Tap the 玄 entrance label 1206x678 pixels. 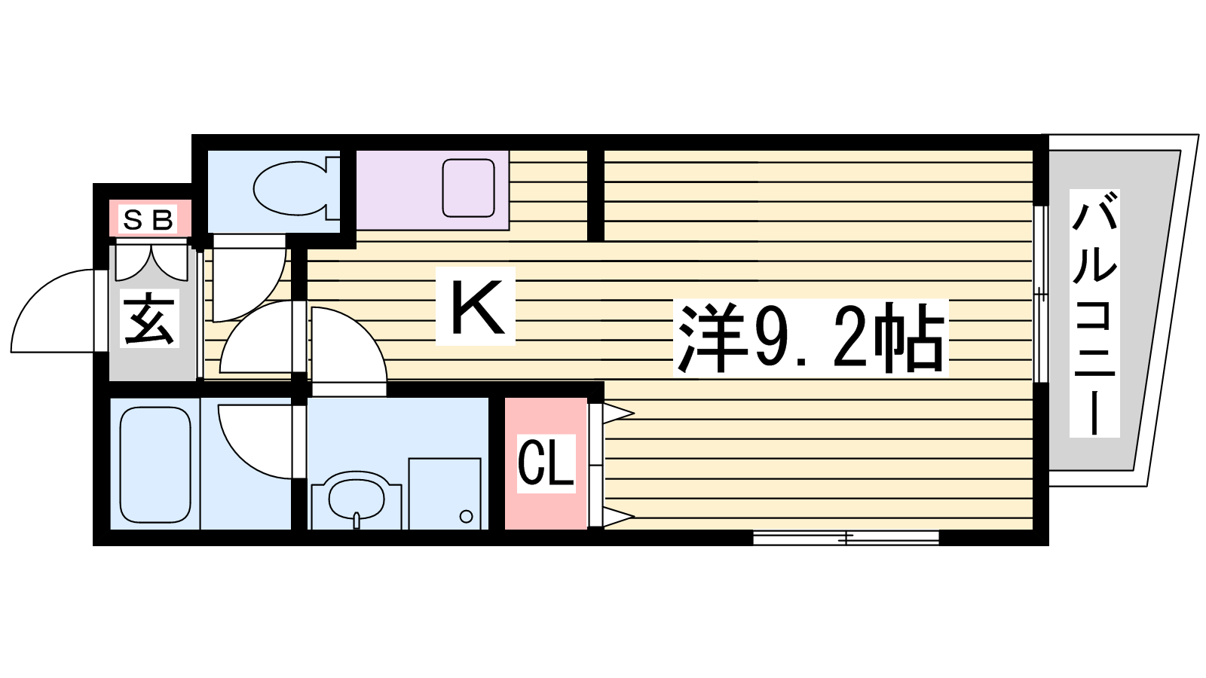coord(149,319)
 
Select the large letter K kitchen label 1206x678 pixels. coord(476,307)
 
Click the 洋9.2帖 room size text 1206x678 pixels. coord(810,338)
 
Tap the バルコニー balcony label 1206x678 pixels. coord(1094,313)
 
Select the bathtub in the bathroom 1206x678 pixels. coord(155,465)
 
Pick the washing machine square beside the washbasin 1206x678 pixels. coord(444,493)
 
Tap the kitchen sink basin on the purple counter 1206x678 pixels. coord(468,188)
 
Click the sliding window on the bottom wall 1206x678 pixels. coord(846,537)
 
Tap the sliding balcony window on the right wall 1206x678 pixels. coord(1041,295)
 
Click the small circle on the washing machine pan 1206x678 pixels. coord(467,517)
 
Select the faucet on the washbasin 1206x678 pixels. coord(357,520)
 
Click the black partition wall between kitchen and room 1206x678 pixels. coord(595,195)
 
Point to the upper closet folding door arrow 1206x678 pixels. coord(618,414)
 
